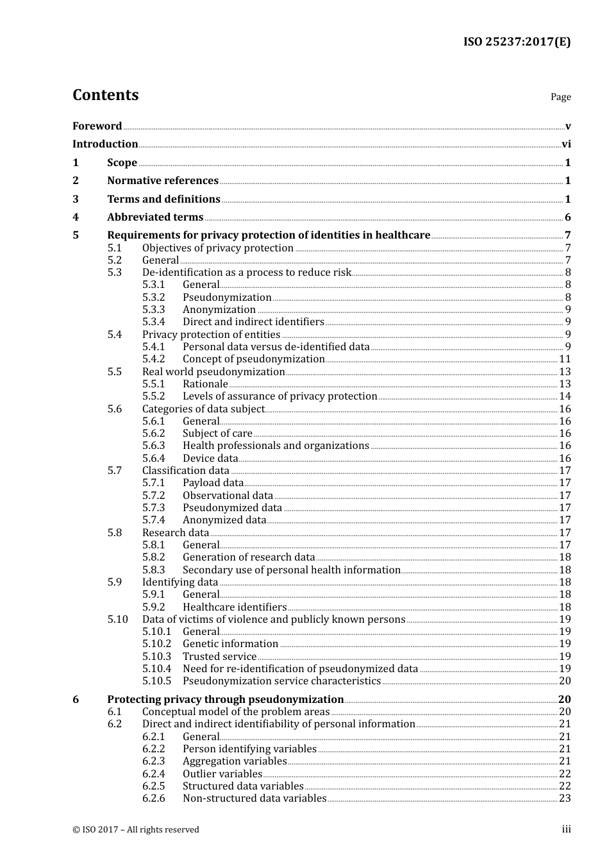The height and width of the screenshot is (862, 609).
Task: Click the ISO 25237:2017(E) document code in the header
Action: pos(517,42)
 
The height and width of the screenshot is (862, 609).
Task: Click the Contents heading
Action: pos(105,95)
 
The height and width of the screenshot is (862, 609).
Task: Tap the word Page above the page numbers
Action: pos(560,97)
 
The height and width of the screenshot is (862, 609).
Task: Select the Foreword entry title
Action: pos(97,126)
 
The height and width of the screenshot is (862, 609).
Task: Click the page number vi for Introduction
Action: pos(566,144)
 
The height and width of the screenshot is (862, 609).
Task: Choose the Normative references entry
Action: pos(163,181)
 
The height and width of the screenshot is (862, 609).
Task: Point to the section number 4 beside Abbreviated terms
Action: pos(76,217)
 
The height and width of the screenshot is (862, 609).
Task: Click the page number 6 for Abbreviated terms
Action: pos(567,217)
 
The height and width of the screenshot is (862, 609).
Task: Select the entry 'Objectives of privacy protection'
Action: pos(218,248)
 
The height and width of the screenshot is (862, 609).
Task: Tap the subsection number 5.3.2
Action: pos(154,298)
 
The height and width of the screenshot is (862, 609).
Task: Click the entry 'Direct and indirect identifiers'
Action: pos(253,322)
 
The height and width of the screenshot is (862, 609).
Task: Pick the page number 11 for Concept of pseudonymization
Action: pos(565,359)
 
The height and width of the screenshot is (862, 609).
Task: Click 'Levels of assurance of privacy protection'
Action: pos(279,396)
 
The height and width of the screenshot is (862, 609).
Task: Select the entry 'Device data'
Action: pos(210,459)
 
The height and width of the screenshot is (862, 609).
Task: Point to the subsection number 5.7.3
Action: pos(154,508)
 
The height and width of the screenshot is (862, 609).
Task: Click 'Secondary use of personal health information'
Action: pos(292,570)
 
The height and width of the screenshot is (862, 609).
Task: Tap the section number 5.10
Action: pos(117,620)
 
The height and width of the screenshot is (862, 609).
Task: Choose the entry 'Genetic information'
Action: pos(230,644)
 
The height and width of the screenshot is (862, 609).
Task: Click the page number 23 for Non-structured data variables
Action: pos(565,799)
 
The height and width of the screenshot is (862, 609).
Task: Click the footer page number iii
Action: pos(566,829)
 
